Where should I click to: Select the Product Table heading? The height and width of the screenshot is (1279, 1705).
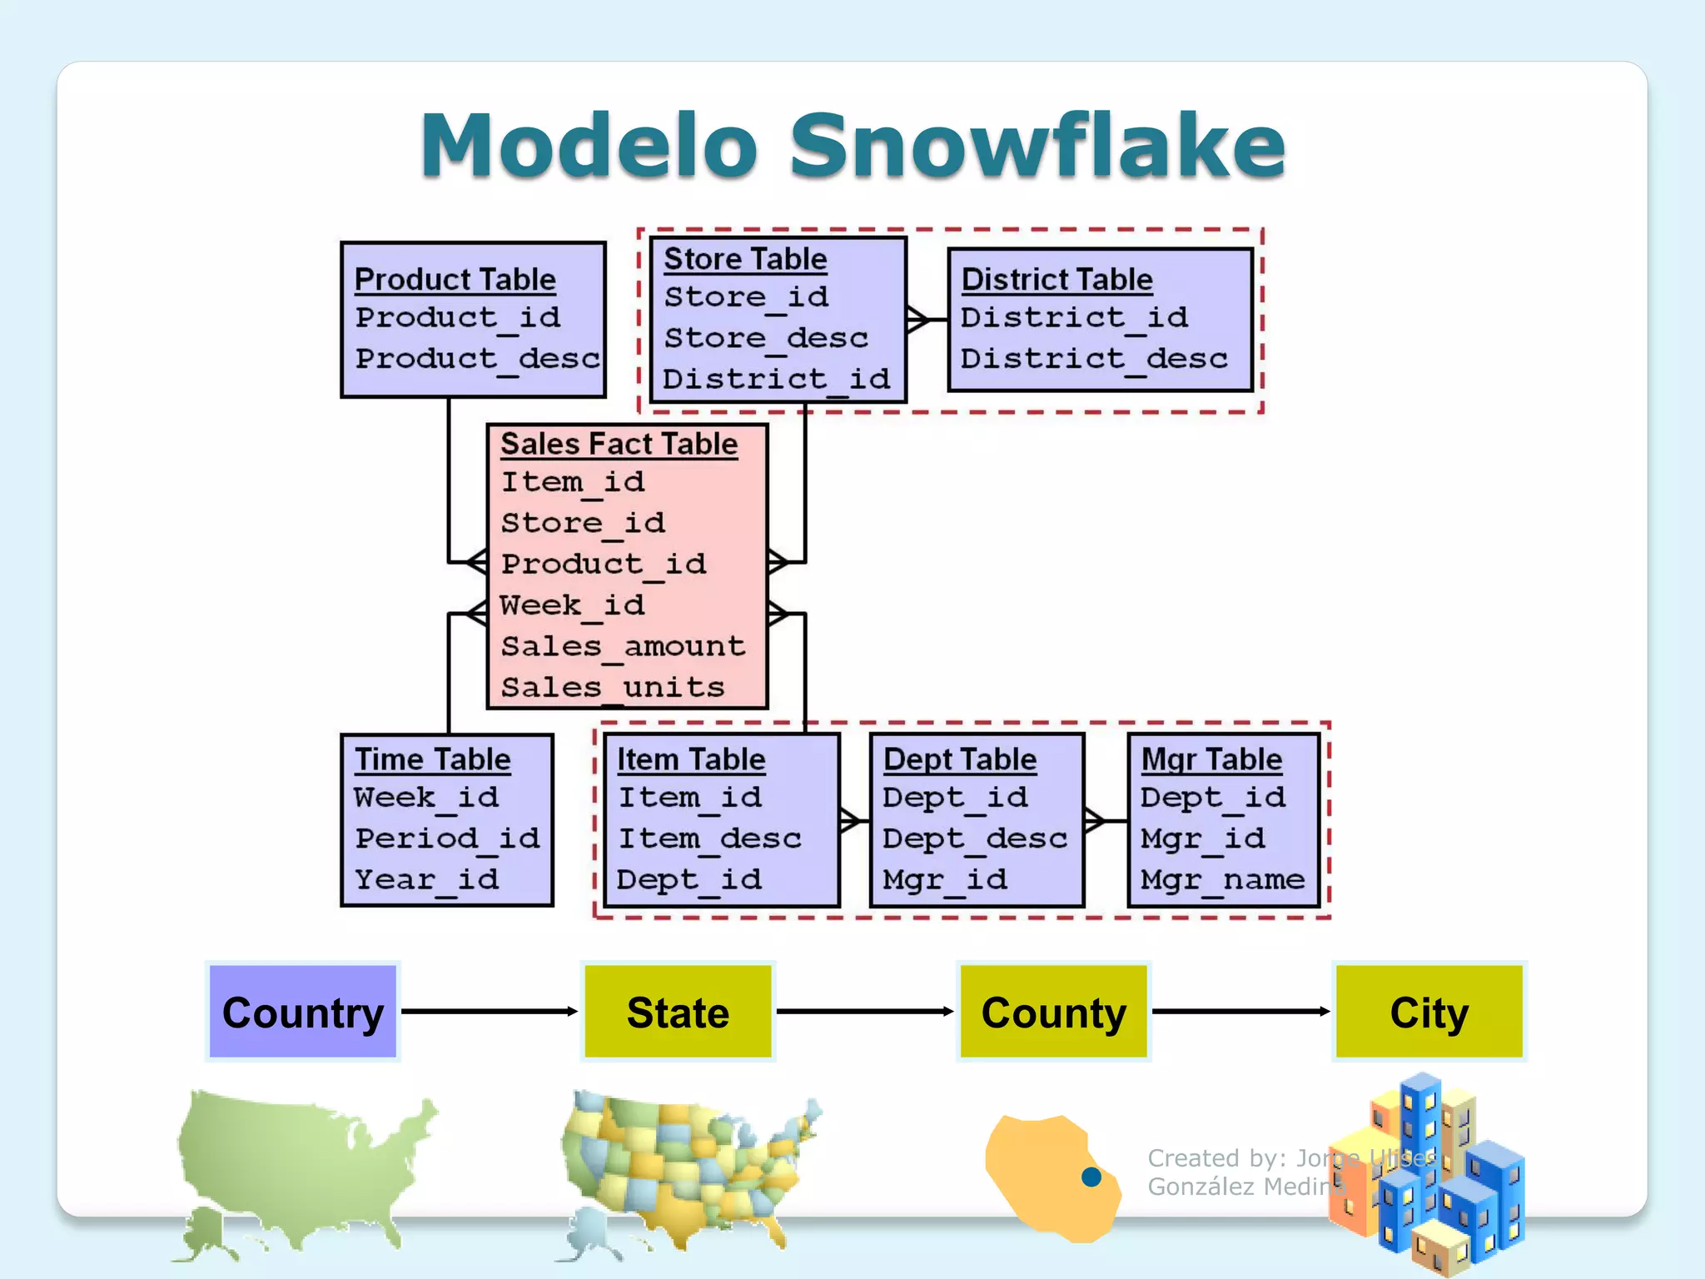[x=455, y=280]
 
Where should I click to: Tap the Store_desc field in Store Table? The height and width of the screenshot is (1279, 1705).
[x=765, y=338]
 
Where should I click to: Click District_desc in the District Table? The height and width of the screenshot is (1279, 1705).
[x=1093, y=359]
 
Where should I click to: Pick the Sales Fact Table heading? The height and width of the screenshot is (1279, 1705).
[x=619, y=444]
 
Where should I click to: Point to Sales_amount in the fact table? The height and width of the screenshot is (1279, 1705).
[x=623, y=646]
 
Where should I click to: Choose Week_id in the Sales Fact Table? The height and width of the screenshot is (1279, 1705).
[x=572, y=605]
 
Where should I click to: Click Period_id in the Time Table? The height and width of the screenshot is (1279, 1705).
[x=447, y=838]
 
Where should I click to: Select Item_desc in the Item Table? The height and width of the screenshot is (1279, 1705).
[x=709, y=838]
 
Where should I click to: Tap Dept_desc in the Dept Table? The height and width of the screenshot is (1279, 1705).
[x=974, y=838]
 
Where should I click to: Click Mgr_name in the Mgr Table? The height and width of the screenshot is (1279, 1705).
[x=1222, y=879]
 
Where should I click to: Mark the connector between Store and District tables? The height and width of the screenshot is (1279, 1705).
[x=927, y=319]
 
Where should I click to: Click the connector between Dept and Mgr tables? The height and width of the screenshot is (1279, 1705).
[x=1106, y=820]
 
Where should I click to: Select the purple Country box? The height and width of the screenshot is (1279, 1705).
[x=303, y=1012]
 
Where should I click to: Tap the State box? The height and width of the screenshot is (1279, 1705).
[x=678, y=1012]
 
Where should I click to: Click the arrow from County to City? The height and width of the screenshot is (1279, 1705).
[x=1240, y=1011]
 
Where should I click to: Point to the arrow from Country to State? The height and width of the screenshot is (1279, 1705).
[x=490, y=1011]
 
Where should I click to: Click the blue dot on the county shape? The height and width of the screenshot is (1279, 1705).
[x=1091, y=1177]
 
